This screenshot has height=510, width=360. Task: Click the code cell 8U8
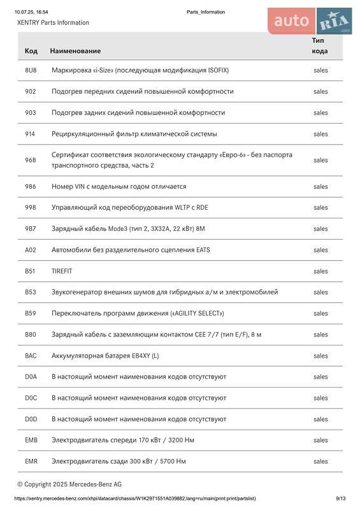31,70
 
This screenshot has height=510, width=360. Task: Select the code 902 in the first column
31,91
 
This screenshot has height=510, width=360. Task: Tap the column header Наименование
75,50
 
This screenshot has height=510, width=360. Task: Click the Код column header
31,50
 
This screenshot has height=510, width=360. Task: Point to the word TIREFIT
62,271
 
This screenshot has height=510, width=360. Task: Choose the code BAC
31,356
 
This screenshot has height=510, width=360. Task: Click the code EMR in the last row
31,461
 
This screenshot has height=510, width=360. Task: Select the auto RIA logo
310,21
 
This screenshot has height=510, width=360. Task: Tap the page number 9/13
341,499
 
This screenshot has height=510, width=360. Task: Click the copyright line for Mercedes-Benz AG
69,484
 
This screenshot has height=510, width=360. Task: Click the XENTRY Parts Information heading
53,22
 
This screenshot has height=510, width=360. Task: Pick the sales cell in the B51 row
320,271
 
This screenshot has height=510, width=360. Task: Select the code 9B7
31,229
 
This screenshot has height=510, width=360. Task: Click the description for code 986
119,186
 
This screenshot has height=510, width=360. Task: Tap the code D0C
31,398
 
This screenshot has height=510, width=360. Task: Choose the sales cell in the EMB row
320,440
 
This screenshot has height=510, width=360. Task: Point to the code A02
31,250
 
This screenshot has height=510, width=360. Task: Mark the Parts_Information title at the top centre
206,12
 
